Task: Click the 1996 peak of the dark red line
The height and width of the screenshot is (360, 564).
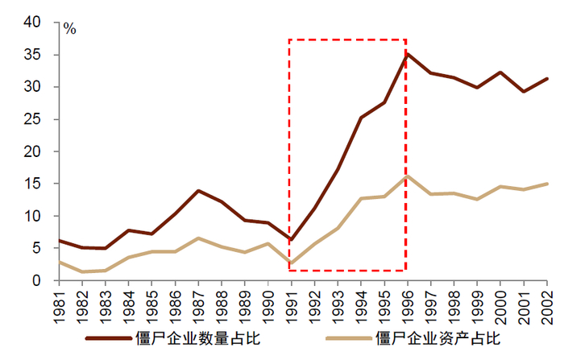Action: (x=408, y=54)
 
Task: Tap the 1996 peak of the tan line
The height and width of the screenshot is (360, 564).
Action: (x=408, y=176)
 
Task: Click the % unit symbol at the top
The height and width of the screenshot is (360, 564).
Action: (x=70, y=29)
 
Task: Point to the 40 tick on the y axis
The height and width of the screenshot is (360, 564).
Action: (x=32, y=23)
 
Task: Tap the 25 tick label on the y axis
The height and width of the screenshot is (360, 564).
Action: (x=32, y=119)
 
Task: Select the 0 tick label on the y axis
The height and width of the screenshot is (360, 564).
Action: (x=37, y=280)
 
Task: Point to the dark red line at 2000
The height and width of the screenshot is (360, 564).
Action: (x=500, y=72)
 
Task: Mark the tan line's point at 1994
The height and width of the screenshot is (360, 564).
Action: (x=362, y=198)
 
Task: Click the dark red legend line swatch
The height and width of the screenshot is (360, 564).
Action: (x=106, y=339)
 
